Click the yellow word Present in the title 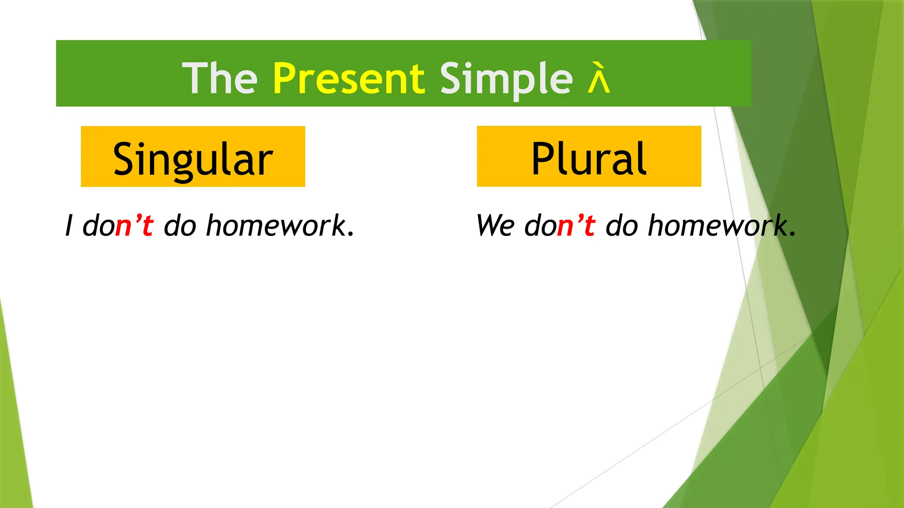point(349,78)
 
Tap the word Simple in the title point(506,78)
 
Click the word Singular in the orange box point(193,159)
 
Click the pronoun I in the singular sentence point(69,225)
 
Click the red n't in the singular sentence point(134,225)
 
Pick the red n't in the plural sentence point(576,225)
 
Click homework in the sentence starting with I point(276,225)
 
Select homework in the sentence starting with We point(718,225)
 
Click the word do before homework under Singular point(180,225)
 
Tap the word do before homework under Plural point(621,225)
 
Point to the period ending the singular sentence point(351,234)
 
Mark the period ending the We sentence point(792,234)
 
